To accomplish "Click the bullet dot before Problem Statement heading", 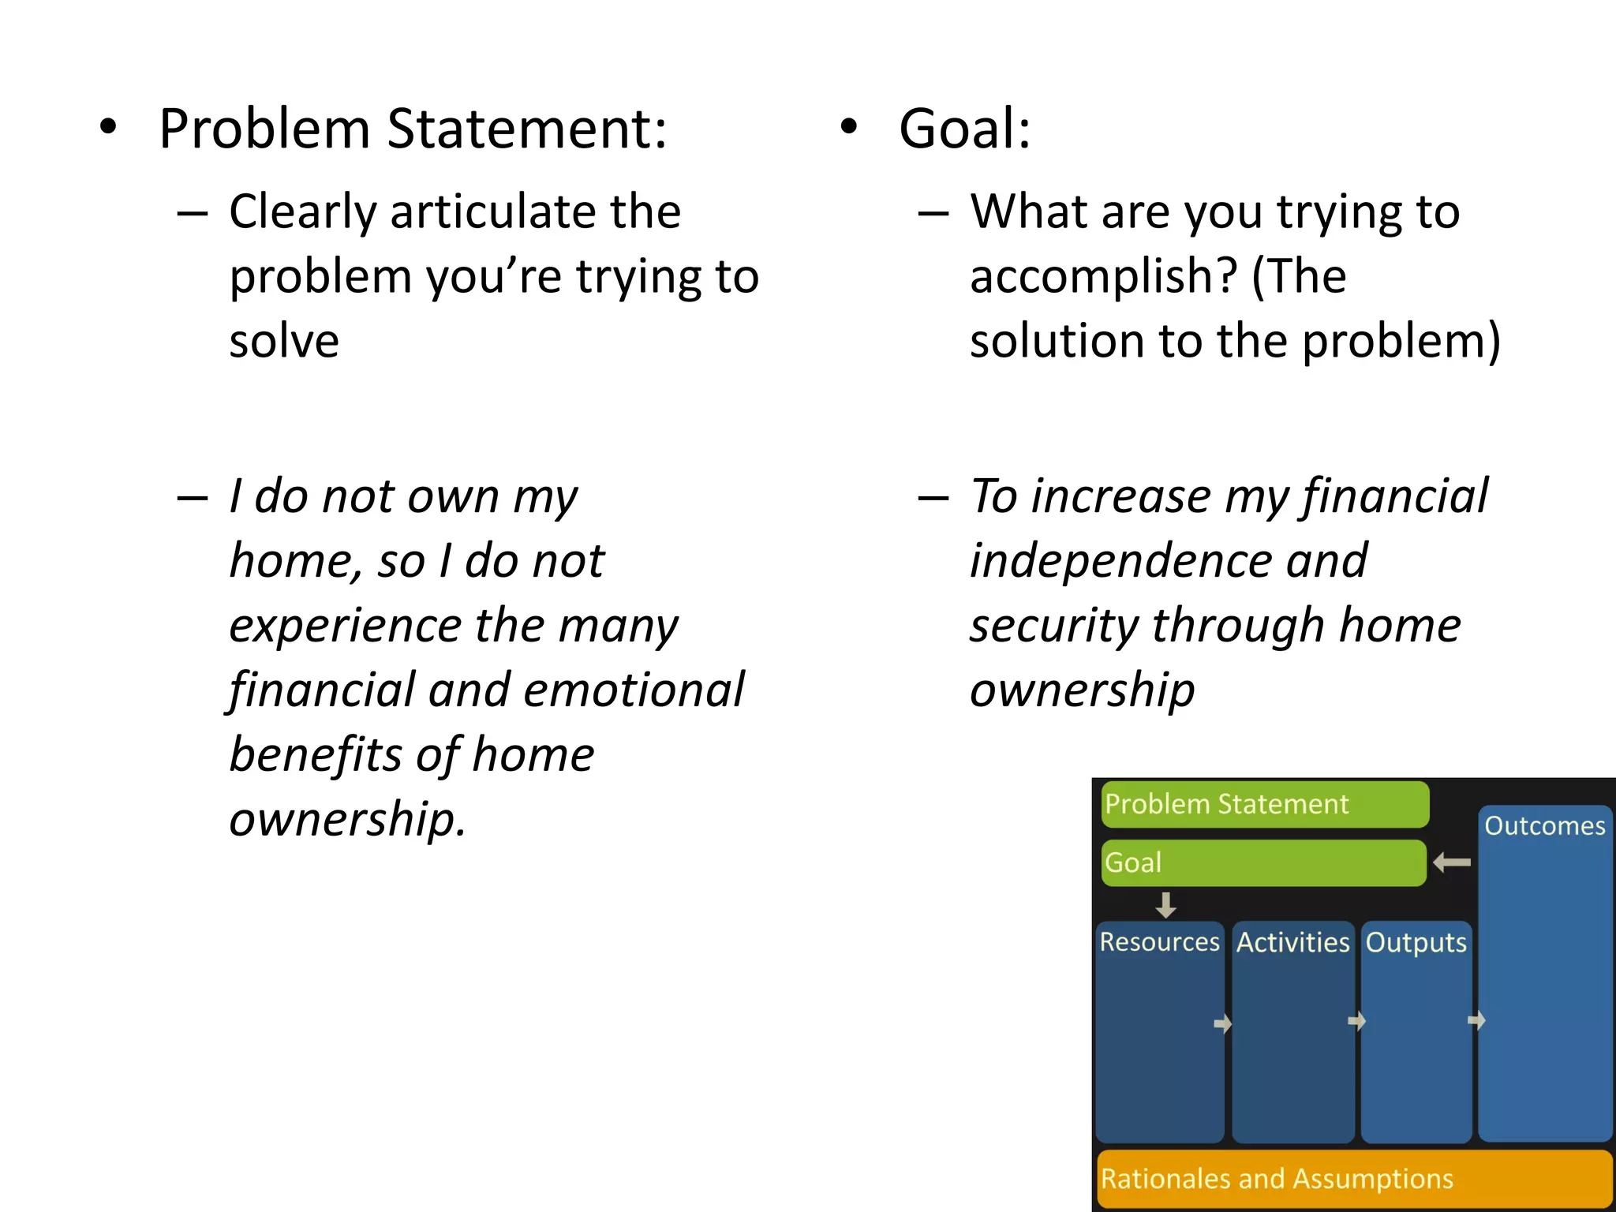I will click(x=108, y=127).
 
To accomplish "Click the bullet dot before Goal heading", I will click(x=848, y=127).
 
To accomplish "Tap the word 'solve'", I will click(x=284, y=341).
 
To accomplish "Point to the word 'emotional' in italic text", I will click(x=634, y=690).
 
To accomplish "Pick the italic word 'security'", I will click(x=1053, y=627).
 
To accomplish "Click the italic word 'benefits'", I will click(x=314, y=755).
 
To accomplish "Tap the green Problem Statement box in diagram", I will click(x=1264, y=804).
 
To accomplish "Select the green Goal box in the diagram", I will click(x=1262, y=862).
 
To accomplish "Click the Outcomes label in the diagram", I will click(x=1544, y=826).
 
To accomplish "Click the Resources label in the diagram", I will click(x=1159, y=942).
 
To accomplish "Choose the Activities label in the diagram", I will click(x=1292, y=942).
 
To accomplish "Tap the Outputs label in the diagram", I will click(x=1416, y=942).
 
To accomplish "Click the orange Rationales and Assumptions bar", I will click(x=1353, y=1179).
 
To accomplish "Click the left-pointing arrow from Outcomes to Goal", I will click(x=1452, y=862).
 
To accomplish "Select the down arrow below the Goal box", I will click(x=1165, y=904).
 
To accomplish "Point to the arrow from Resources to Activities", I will click(x=1222, y=1024).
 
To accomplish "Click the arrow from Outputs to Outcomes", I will click(x=1476, y=1021).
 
